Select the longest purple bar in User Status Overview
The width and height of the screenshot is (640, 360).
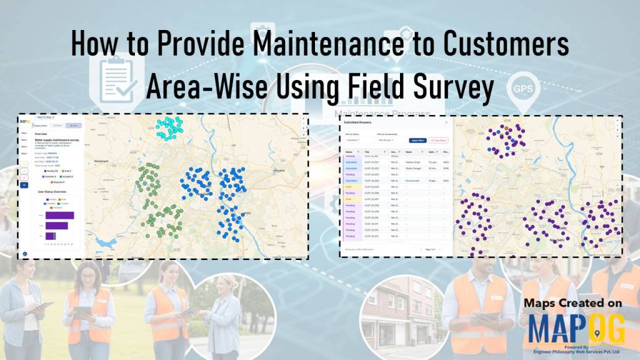[60, 215]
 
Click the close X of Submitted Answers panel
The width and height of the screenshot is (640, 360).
[446, 122]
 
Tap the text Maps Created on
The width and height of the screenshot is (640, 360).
[573, 302]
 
